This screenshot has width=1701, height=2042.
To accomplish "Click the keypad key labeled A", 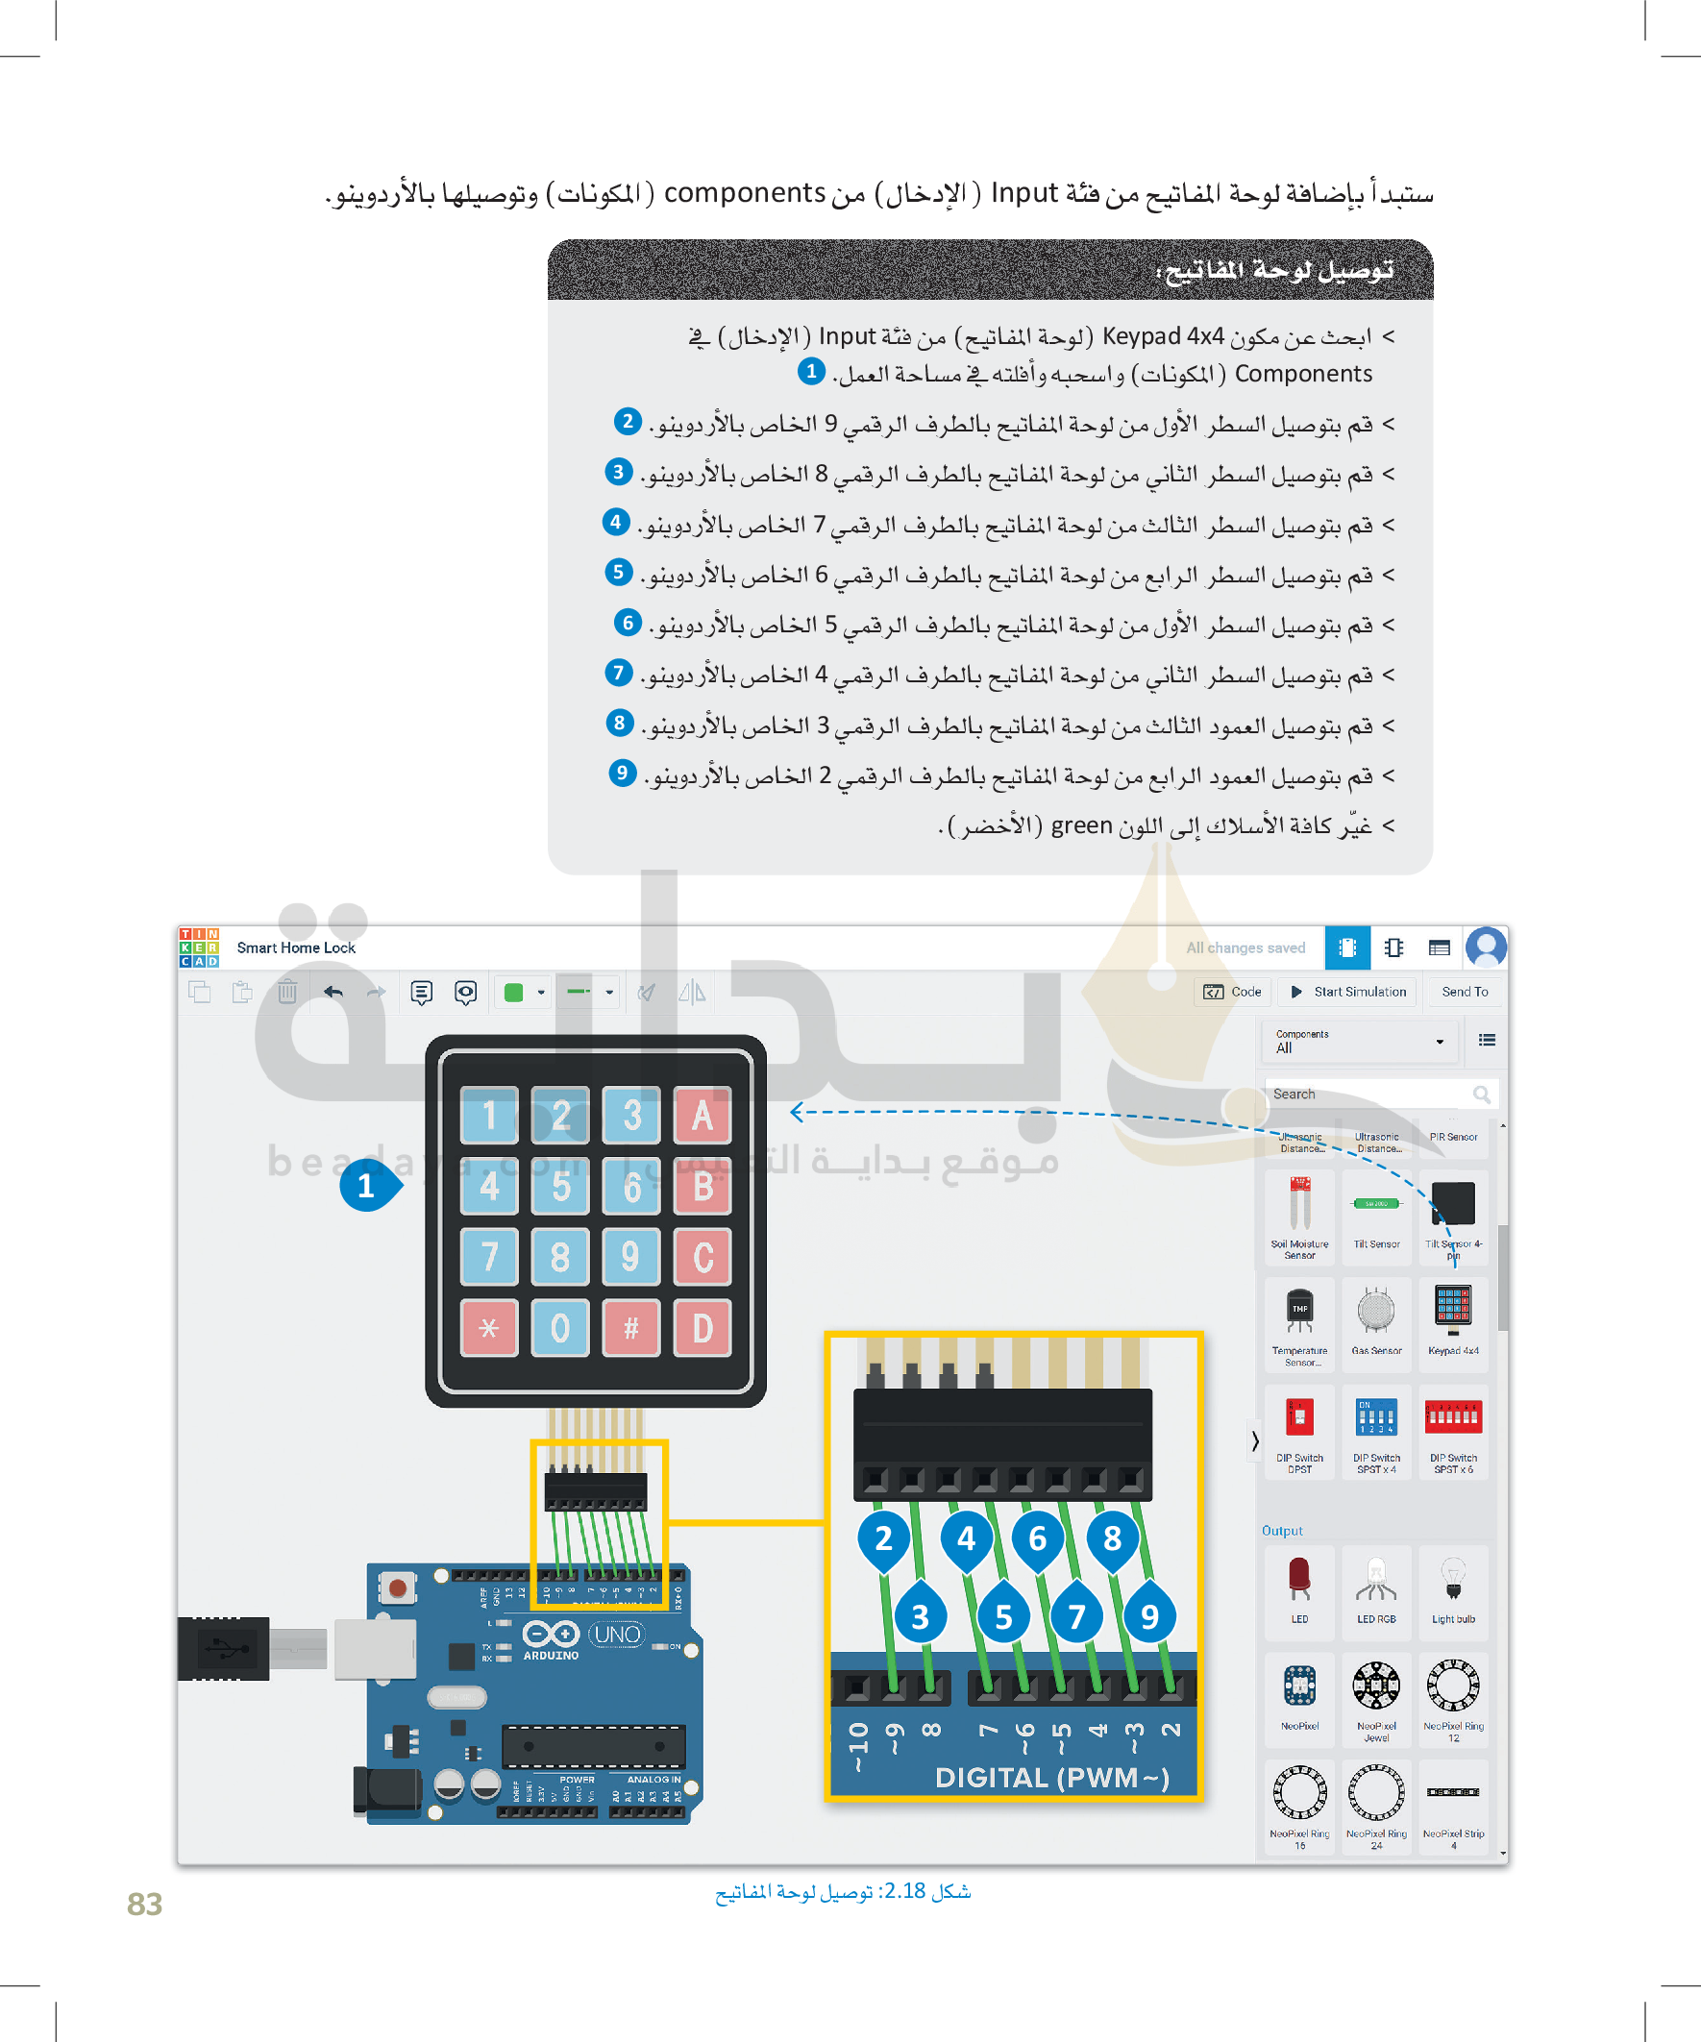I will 703,1116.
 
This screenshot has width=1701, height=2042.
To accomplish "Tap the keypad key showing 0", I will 560,1327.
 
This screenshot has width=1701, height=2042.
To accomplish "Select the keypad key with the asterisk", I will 489,1327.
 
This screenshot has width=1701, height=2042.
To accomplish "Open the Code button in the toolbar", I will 1233,992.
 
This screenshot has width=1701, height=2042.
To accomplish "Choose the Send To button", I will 1464,992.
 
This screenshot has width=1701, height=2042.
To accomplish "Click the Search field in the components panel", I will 1371,1094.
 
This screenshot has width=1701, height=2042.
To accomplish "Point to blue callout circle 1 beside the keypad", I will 367,1186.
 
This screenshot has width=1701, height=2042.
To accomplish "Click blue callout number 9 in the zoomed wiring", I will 1149,1616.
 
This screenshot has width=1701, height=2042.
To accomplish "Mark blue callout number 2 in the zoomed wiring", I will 883,1538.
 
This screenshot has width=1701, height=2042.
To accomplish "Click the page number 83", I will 144,1904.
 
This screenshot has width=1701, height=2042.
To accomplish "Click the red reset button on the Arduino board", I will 397,1587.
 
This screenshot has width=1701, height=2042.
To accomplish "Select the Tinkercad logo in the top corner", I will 198,947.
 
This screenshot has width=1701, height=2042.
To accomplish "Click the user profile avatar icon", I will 1485,947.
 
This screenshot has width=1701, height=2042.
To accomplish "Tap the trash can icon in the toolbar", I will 287,992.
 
